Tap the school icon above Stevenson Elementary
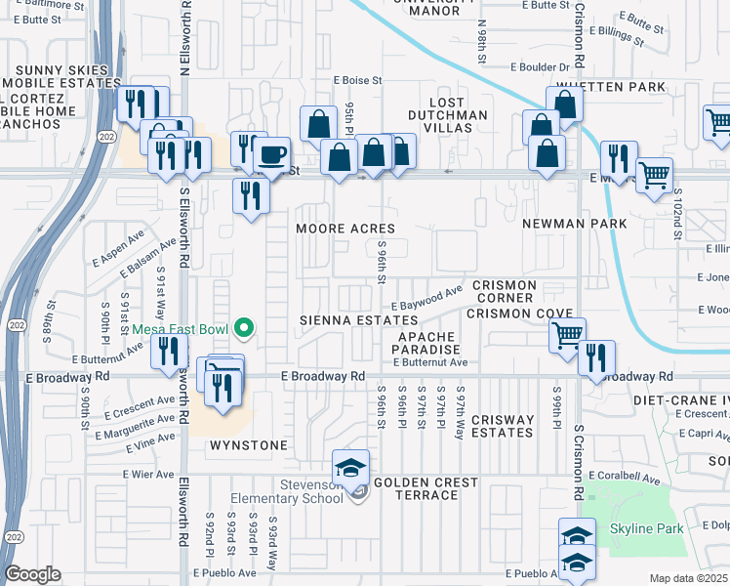coord(351,469)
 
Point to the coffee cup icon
coord(271,154)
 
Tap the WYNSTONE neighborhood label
coord(249,445)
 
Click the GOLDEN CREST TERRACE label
coord(426,488)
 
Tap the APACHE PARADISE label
coord(427,342)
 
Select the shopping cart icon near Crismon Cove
coord(567,336)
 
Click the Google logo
coord(32,574)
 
